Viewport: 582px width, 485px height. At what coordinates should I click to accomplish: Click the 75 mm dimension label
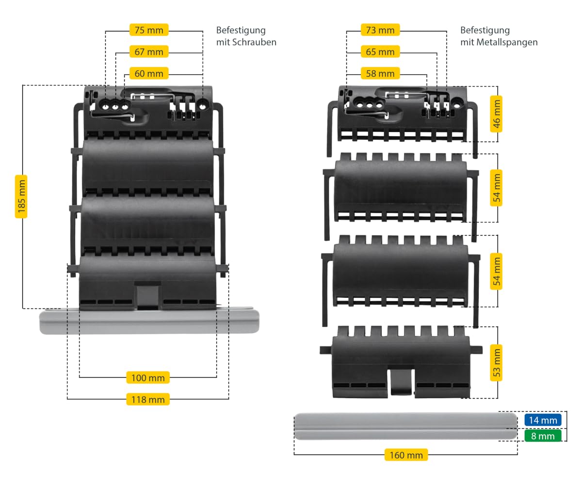click(149, 30)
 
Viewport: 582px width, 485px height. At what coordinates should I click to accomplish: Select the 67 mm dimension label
click(149, 51)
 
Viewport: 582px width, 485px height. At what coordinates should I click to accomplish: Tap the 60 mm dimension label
click(149, 73)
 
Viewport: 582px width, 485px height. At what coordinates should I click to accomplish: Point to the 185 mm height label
click(21, 196)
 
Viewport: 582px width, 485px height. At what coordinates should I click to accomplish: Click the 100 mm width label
click(148, 378)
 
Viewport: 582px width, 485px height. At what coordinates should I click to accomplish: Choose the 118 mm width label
click(148, 400)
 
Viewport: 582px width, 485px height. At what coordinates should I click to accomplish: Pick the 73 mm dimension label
click(380, 30)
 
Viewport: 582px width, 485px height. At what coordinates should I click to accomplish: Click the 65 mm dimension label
click(380, 51)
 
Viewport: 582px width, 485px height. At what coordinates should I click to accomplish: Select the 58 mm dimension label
click(380, 73)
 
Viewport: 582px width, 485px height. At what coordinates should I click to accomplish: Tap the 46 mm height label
click(496, 113)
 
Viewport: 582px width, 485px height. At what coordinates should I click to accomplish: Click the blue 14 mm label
click(543, 420)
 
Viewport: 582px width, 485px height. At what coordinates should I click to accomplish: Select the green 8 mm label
click(543, 436)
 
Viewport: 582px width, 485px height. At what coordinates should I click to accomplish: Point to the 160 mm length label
click(406, 455)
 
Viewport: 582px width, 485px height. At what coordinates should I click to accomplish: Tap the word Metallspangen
click(507, 42)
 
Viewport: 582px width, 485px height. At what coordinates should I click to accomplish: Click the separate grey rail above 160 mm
click(406, 426)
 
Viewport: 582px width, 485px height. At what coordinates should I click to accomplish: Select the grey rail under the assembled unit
click(149, 321)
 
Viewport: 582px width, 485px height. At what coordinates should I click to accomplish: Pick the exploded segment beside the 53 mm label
click(401, 362)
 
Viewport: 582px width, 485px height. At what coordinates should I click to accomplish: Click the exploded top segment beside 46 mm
click(403, 122)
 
